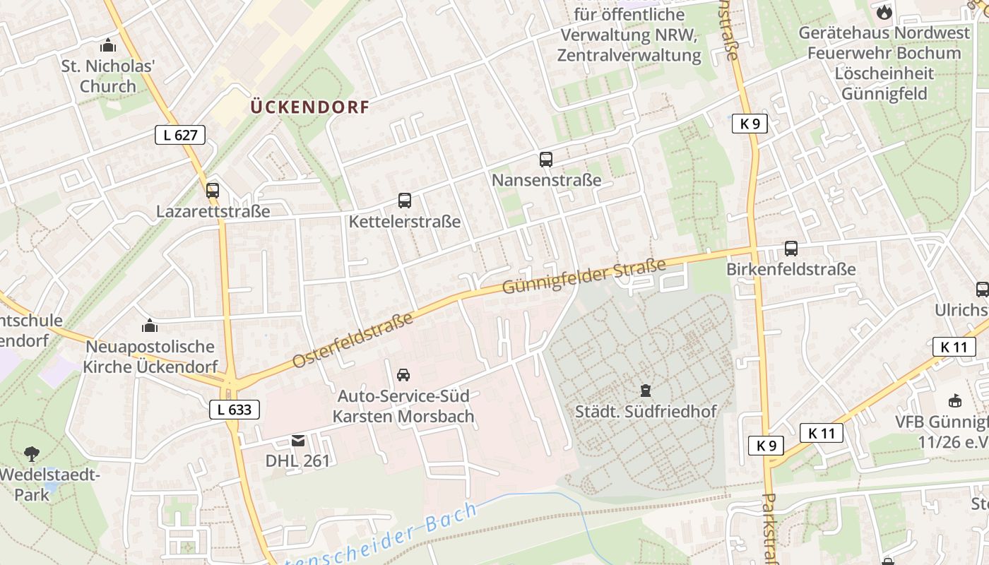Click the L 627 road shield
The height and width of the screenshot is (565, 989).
point(180,135)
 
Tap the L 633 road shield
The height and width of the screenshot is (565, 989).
point(235,410)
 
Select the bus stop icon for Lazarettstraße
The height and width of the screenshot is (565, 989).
point(213,191)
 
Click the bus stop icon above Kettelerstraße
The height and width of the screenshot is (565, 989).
point(404,201)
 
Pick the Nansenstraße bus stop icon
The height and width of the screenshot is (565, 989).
point(546,160)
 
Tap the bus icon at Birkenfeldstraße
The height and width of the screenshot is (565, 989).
point(791,249)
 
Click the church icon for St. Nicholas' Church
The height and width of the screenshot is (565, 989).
point(108,46)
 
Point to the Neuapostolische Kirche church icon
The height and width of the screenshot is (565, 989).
point(150,326)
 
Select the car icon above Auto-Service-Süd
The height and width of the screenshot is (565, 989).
point(403,375)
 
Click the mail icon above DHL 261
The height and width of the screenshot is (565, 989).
point(298,441)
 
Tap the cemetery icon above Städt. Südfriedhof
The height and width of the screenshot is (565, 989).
point(644,390)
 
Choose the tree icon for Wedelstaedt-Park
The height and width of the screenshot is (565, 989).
point(31,453)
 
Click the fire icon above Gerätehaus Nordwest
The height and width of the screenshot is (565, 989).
point(884,12)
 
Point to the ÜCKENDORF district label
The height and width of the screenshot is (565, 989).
point(310,107)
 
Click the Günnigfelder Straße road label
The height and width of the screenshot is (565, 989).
point(584,277)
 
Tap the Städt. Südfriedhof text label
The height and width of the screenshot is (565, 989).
point(646,411)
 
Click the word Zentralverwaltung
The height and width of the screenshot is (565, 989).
point(629,55)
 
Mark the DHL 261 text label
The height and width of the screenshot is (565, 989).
point(297,460)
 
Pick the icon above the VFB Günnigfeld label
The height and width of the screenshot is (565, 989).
point(955,401)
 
